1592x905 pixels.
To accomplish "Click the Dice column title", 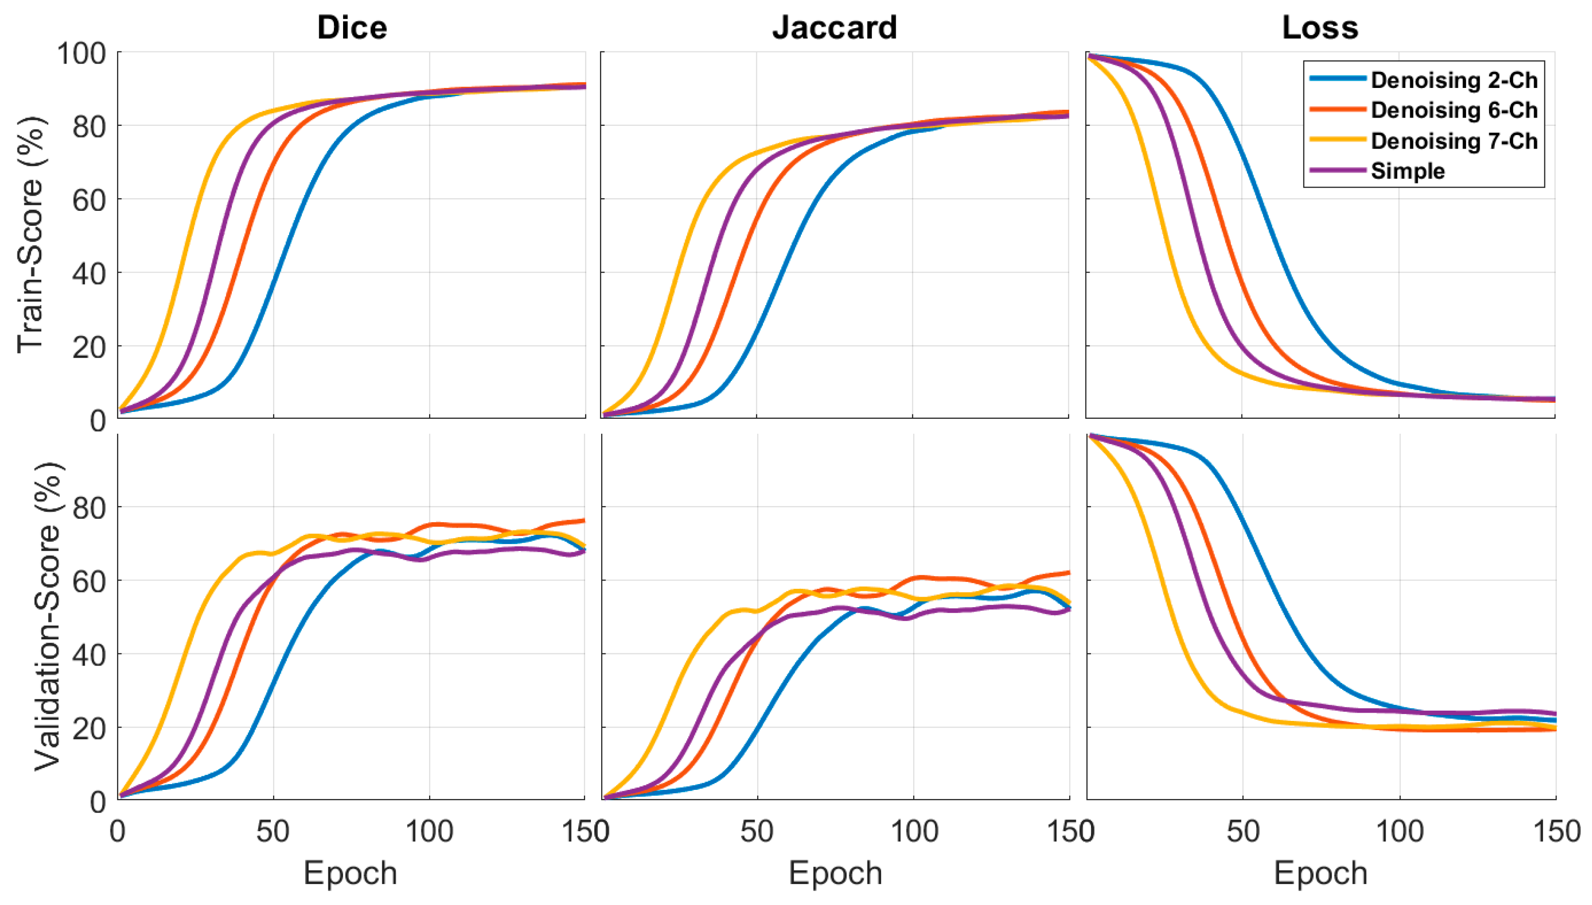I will click(352, 28).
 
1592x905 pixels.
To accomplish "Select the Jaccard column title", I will click(834, 28).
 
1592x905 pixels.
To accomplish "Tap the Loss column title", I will click(1320, 28).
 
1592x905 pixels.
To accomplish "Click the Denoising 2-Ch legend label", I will click(1454, 80).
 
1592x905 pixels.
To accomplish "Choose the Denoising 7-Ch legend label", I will click(1454, 141).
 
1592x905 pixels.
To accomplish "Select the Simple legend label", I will click(1407, 171).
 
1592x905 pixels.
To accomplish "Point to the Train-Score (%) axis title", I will click(30, 235).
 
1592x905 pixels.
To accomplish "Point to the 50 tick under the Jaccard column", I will click(757, 832).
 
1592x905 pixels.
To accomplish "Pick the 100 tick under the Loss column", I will click(1399, 832).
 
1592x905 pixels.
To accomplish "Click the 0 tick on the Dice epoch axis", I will click(118, 832).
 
